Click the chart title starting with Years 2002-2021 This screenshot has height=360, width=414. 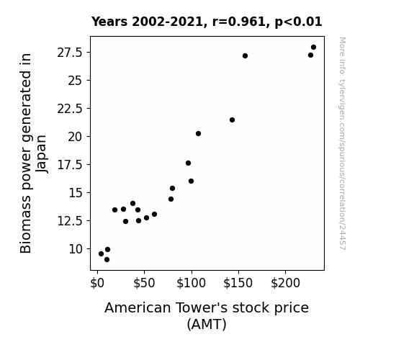[x=207, y=22]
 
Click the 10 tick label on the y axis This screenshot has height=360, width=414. [x=76, y=249]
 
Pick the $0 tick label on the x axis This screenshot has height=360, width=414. [x=97, y=283]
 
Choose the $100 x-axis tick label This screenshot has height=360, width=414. [x=191, y=283]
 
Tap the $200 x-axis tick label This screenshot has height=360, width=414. [x=285, y=283]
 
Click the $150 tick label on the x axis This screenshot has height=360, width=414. [x=238, y=283]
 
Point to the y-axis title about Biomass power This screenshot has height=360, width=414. [x=33, y=153]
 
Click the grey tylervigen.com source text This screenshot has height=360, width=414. [x=342, y=143]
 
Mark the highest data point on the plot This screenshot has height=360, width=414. [x=313, y=48]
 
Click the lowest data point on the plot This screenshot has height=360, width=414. [x=107, y=260]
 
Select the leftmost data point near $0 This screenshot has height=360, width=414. [x=101, y=254]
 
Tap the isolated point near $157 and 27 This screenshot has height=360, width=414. [x=245, y=56]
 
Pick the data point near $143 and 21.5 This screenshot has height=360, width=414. [x=232, y=120]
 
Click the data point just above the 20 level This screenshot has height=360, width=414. [x=198, y=134]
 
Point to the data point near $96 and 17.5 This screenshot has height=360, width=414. [x=188, y=163]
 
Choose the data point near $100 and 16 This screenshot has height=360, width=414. [x=191, y=181]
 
